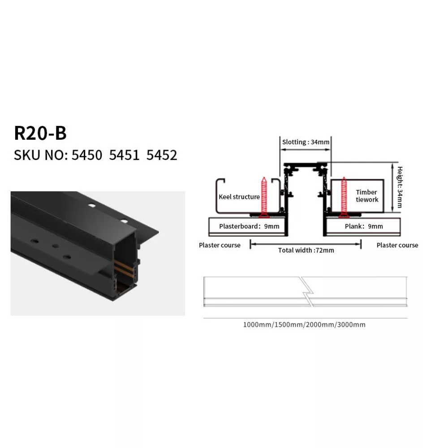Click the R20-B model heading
(40, 133)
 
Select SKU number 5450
(87, 155)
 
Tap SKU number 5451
(124, 155)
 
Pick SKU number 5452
(162, 155)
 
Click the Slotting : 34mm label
(306, 142)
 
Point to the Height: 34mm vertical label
(400, 187)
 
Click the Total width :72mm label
(306, 250)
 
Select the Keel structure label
(239, 197)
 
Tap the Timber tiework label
(367, 196)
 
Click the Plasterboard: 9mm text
(249, 226)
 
